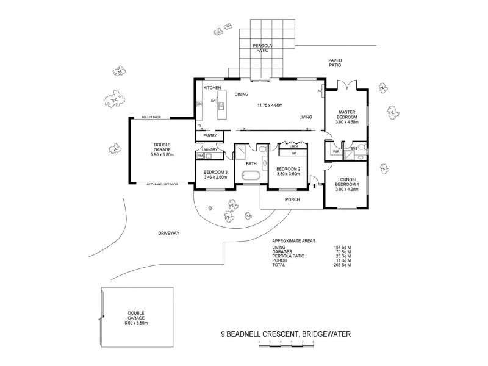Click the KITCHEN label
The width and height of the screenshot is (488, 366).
click(211, 88)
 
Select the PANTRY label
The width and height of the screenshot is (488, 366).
click(210, 135)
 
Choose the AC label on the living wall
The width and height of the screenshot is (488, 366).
click(320, 91)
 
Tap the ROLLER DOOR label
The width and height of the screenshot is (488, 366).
click(151, 116)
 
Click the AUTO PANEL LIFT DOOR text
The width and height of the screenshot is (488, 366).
click(162, 184)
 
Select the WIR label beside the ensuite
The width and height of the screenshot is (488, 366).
click(336, 151)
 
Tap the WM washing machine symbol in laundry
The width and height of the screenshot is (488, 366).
click(200, 156)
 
